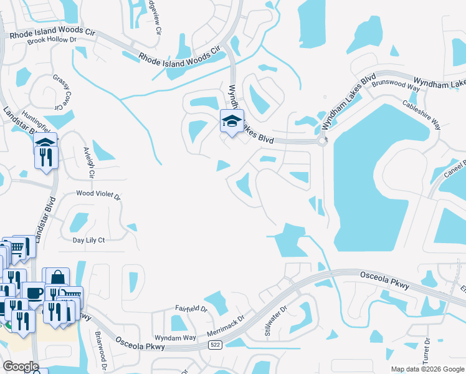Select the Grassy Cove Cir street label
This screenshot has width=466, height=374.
[x=61, y=92]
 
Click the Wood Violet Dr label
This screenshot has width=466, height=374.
[x=98, y=194]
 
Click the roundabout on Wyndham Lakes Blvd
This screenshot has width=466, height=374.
[x=323, y=141]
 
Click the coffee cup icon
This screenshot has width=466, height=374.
[x=33, y=292]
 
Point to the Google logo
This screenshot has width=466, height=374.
[x=21, y=367]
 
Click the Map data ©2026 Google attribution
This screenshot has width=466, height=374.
[x=427, y=369]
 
